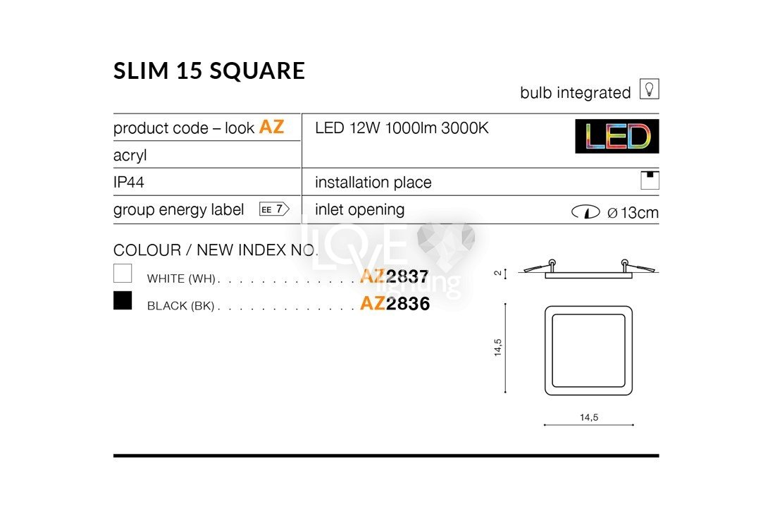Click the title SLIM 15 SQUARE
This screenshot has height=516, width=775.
pos(209,70)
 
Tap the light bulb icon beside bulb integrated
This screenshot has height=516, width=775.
pos(649,89)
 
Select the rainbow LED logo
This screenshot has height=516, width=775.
pos(617,137)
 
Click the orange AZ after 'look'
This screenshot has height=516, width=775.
pos(271,127)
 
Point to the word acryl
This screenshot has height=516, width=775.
pos(130,155)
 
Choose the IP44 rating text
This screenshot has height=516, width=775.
pos(128,182)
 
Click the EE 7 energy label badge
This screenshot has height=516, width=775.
pos(274,209)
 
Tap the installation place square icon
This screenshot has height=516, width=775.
pos(650,180)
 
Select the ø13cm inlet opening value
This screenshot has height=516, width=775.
pos(633,213)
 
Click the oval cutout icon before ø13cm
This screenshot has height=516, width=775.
pos(585,212)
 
